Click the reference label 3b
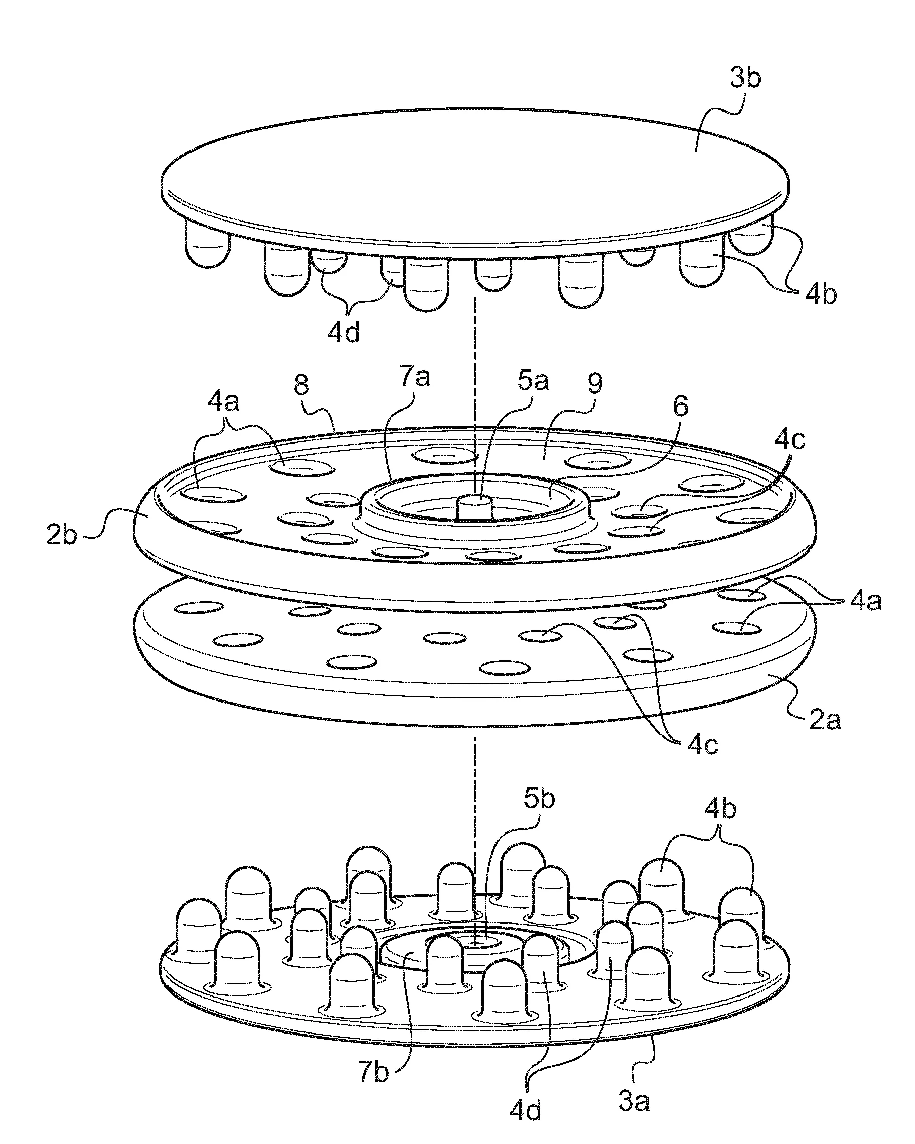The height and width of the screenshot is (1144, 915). pos(745,79)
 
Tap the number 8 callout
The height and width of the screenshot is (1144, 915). pos(301,386)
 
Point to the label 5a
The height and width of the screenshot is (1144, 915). pos(533,381)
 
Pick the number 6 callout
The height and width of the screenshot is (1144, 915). pos(680,407)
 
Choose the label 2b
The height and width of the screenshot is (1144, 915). pos(61,535)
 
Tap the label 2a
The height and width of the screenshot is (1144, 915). pos(825,721)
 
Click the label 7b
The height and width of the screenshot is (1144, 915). pos(373,1069)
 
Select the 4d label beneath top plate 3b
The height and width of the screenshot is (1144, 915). pos(344,333)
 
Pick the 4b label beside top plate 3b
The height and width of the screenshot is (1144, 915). pos(821,295)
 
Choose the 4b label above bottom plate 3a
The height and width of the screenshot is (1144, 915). pos(720,825)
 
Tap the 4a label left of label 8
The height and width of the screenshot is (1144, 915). pos(223,402)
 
